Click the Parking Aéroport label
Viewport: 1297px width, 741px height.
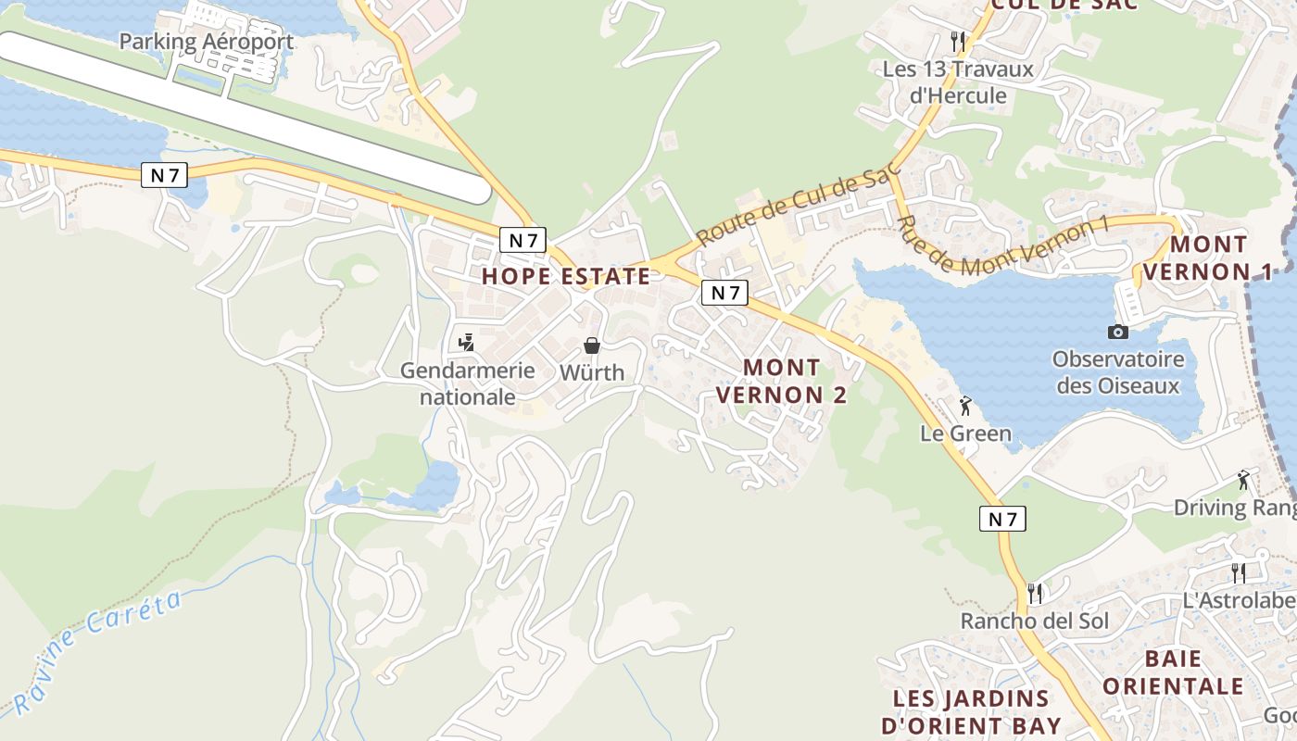tap(207, 42)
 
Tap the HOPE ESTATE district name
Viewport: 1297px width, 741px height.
tap(566, 276)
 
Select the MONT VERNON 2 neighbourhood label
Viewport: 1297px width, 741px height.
tap(782, 381)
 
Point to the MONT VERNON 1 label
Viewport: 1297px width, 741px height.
tap(1208, 258)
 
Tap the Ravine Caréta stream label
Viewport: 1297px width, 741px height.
tap(97, 653)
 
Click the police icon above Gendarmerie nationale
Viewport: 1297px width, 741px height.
tap(467, 343)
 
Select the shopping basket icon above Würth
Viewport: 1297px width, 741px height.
tap(592, 345)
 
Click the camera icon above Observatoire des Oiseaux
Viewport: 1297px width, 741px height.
tap(1118, 332)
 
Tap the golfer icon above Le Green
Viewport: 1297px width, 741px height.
tap(965, 406)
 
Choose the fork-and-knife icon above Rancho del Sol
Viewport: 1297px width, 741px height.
tap(1035, 593)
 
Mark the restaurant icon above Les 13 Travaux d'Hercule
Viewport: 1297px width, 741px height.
tap(958, 42)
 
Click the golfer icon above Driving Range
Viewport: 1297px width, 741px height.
tap(1243, 480)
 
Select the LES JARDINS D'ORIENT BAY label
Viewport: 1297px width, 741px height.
tap(971, 711)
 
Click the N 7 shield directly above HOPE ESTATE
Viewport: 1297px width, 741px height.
tap(523, 240)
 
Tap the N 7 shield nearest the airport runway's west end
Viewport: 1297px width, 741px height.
tap(164, 174)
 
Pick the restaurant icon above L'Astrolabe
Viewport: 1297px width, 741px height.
tap(1238, 573)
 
